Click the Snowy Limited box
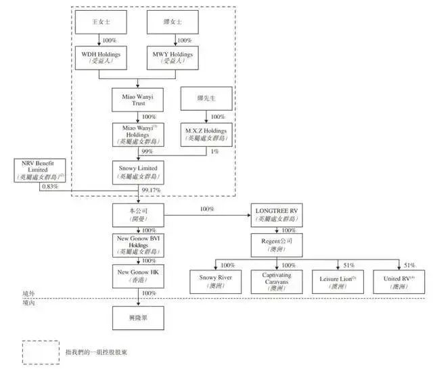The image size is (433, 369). pos(138,172)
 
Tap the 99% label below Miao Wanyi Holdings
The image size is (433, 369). pos(149,152)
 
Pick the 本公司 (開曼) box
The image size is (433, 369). pos(138,215)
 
